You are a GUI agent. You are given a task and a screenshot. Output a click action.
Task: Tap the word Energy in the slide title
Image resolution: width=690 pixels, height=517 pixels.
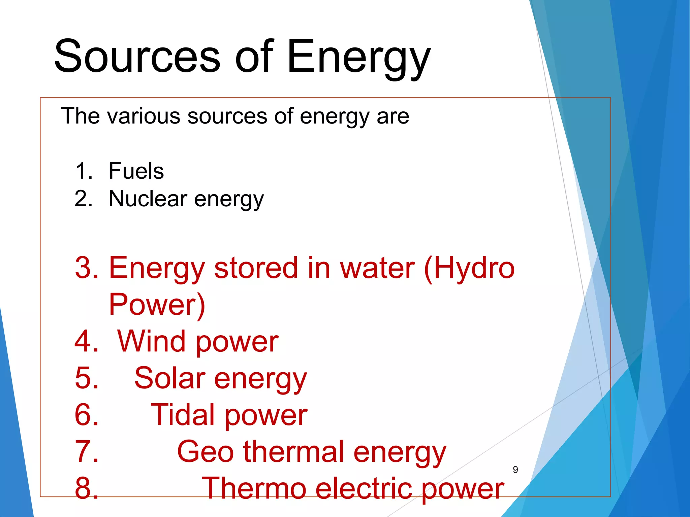click(358, 57)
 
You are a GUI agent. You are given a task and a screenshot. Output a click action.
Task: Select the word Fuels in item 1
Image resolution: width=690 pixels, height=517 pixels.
click(136, 171)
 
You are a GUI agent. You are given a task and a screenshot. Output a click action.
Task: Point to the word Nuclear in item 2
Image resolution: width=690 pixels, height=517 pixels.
click(148, 199)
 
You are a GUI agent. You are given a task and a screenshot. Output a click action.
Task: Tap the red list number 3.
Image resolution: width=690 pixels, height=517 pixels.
click(86, 268)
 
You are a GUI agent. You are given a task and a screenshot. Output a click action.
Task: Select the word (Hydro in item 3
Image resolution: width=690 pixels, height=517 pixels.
click(469, 269)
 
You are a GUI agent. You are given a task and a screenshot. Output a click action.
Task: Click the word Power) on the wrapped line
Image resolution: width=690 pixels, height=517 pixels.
click(157, 305)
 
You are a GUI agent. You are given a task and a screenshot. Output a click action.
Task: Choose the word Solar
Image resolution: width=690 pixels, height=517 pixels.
click(170, 378)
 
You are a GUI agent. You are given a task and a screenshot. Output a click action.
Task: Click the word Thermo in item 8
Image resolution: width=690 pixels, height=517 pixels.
click(254, 488)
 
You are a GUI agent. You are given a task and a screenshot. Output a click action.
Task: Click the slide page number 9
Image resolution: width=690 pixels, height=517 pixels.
click(515, 470)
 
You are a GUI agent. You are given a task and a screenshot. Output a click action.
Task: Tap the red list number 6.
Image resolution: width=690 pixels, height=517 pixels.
click(86, 415)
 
